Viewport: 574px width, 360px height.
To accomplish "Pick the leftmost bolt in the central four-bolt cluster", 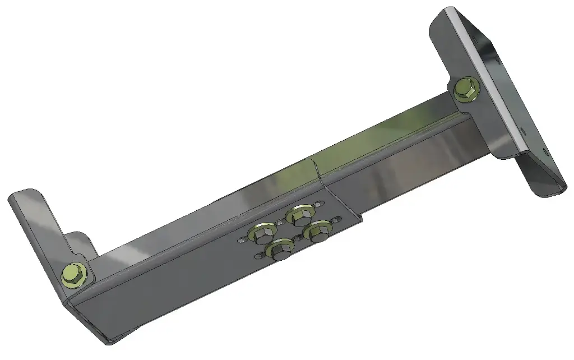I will coord(262,230).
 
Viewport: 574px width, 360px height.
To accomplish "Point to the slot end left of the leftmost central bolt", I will coord(241,239).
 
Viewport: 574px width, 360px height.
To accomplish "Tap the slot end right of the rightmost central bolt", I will coord(336,219).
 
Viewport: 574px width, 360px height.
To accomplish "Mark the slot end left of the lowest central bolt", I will coord(258,257).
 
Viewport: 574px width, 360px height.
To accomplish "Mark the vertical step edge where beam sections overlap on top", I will coord(317,168).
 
